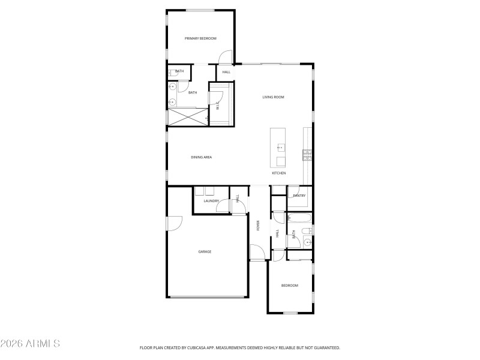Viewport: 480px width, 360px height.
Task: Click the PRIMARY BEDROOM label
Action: (200, 38)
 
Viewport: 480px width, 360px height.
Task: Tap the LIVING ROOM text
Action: (273, 97)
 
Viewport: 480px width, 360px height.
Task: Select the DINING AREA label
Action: (202, 157)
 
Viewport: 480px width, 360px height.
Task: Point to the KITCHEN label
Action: (278, 173)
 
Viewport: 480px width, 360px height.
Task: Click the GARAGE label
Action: (205, 251)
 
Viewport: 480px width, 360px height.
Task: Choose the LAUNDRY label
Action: (211, 201)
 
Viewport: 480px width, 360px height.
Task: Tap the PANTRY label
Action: (299, 196)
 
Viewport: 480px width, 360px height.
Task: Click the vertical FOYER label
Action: (258, 226)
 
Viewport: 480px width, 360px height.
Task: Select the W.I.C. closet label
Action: (217, 106)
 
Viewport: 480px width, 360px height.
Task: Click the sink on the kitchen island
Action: (280, 146)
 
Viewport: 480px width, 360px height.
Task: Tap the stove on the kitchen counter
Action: (307, 155)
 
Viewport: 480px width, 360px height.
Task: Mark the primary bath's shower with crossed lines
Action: (188, 116)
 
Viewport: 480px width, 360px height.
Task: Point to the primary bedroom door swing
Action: (225, 58)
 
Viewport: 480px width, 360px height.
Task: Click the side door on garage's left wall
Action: (173, 223)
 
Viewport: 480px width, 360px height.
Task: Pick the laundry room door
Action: (223, 206)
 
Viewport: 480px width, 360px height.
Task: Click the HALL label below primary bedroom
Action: (226, 72)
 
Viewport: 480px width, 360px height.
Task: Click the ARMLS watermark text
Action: (30, 344)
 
